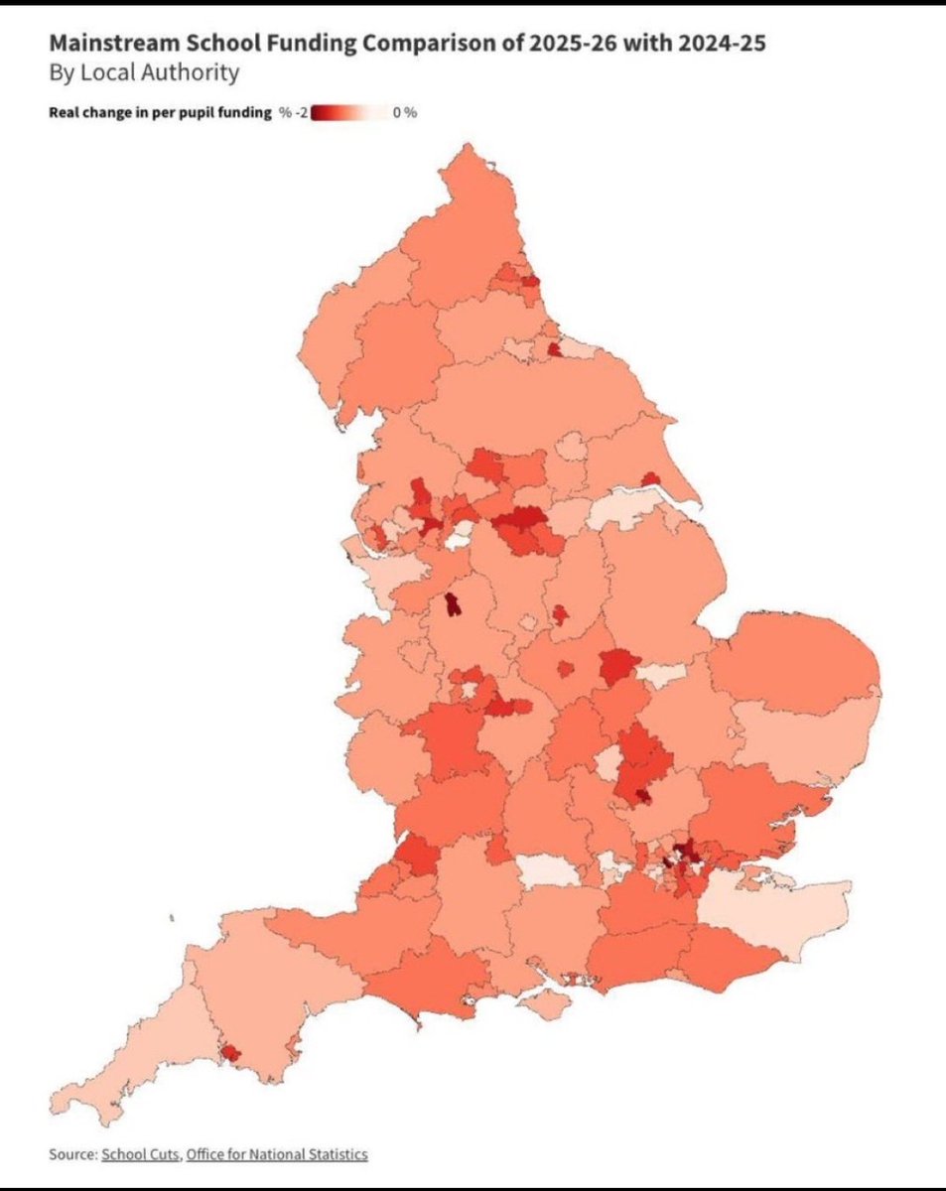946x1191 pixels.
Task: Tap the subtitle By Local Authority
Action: coord(144,72)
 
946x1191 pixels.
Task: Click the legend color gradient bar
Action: coord(348,113)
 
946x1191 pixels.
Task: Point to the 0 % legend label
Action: coord(404,113)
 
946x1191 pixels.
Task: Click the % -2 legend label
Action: coord(293,113)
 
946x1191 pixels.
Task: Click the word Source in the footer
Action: coord(70,1154)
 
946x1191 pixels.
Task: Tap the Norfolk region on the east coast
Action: coord(794,660)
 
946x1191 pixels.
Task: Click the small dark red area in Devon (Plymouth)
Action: coord(229,1052)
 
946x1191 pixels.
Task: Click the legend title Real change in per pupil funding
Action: coord(160,113)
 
